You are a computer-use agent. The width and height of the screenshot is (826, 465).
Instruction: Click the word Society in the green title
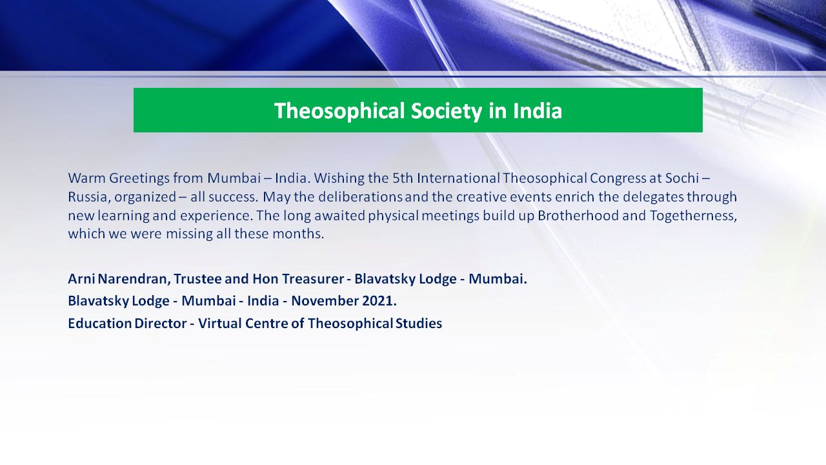(447, 110)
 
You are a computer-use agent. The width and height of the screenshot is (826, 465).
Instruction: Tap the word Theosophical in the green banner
(339, 110)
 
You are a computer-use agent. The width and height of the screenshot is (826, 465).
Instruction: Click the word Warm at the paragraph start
(86, 178)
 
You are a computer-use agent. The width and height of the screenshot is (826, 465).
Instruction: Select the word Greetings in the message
(139, 179)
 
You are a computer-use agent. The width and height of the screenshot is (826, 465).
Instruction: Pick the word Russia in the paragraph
(89, 198)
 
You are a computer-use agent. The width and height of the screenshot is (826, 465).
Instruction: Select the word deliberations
(360, 197)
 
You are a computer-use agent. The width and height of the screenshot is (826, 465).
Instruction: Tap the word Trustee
(197, 279)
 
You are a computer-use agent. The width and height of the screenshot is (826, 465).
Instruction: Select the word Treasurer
(313, 279)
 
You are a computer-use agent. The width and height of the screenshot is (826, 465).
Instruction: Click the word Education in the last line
(99, 324)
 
